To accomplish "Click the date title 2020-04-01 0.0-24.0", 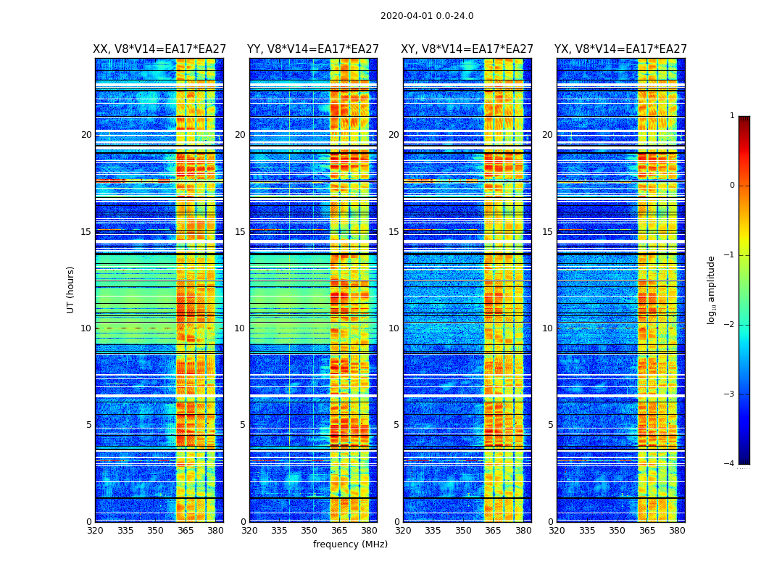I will (427, 16).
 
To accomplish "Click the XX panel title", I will (159, 49).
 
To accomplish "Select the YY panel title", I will (313, 49).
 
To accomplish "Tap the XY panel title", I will (467, 49).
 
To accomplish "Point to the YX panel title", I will (621, 49).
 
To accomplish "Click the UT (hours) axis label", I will (71, 289).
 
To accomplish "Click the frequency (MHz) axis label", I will (350, 544).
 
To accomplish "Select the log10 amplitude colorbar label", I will (712, 289).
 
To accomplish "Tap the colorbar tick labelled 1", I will (732, 116).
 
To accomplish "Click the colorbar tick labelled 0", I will (732, 186).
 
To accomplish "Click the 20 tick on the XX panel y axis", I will (86, 135).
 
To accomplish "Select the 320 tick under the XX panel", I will (95, 531).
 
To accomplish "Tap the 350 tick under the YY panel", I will (309, 531).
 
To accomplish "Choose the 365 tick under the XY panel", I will (493, 531).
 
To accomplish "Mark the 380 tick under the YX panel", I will (677, 531).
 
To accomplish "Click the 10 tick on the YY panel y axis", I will (240, 328).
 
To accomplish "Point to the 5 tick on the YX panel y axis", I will (550, 425).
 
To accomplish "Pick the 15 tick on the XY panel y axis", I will (394, 232).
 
